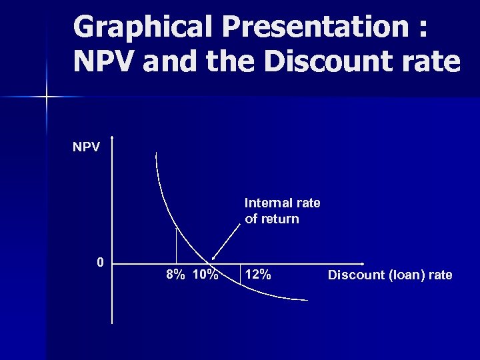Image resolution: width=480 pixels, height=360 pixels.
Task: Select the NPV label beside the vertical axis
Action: point(87,146)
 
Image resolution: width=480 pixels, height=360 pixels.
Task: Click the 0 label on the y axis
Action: point(100,262)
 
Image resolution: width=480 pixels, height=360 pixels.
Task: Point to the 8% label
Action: point(176,275)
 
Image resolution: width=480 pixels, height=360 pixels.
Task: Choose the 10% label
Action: point(205,275)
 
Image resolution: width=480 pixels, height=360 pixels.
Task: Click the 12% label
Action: point(258,274)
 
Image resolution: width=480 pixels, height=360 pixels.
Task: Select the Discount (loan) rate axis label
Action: point(390,275)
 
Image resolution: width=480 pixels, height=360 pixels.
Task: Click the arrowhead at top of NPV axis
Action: point(113,139)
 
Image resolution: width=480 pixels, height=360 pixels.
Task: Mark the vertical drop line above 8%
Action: point(176,244)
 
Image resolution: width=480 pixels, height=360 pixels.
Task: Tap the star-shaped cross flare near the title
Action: point(47,97)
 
